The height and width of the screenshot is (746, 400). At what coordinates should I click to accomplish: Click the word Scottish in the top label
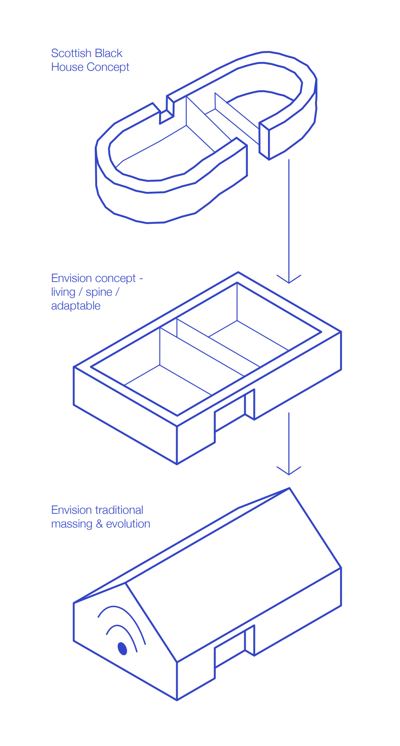point(71,53)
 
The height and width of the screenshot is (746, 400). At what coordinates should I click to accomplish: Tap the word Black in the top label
point(109,53)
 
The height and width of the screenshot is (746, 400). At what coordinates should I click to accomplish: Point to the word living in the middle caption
point(63,292)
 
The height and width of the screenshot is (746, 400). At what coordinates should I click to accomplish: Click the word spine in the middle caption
point(99,292)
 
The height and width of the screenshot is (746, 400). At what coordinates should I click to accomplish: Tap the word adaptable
point(76,306)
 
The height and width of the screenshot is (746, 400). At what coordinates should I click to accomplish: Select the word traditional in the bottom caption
point(119,510)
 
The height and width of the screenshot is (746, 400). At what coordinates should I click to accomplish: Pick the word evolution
point(128,524)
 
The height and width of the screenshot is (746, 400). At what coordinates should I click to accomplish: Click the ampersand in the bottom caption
point(99,524)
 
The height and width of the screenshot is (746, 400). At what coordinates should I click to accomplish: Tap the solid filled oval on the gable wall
point(122,648)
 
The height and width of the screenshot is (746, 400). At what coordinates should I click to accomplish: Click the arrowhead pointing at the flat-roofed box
point(289,279)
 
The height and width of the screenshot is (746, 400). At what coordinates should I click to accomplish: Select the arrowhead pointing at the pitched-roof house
point(289,470)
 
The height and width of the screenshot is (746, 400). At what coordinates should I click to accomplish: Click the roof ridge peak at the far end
point(289,488)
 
